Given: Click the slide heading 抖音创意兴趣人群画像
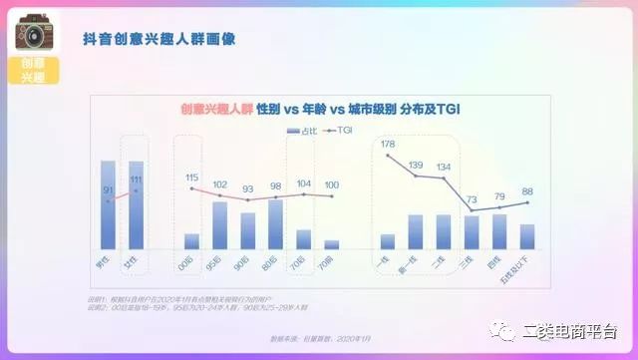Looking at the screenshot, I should point(164,40).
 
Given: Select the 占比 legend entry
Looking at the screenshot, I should point(299,131).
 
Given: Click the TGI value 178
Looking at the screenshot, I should point(388,146).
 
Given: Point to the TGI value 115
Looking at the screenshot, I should point(192,179).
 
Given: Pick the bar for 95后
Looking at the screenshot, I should point(220,225).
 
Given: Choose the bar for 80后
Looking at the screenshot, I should point(276,224).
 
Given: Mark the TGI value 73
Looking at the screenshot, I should point(472,198).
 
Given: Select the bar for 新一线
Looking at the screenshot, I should point(416,231).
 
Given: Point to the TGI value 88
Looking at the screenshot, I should point(527,191).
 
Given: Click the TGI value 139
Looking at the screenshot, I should point(416,165).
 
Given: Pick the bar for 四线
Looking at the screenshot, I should point(499,231).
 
